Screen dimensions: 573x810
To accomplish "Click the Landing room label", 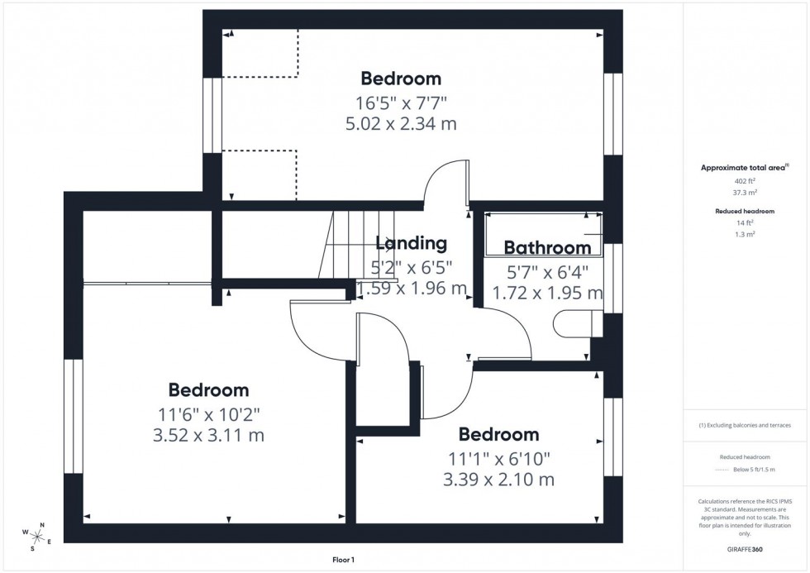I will (x=411, y=243).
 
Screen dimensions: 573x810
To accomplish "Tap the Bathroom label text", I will (x=547, y=247).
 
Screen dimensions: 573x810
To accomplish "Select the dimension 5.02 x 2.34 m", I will (x=401, y=124).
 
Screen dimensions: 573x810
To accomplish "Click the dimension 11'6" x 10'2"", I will (x=208, y=413).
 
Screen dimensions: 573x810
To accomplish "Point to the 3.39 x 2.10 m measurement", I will (x=498, y=480).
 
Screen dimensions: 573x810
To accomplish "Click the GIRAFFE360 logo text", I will (x=745, y=548).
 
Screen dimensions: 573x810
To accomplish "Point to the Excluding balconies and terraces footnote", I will (x=745, y=425).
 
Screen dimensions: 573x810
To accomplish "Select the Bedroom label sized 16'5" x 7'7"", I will (x=401, y=79).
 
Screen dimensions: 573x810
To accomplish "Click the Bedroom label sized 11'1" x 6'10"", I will (x=498, y=435).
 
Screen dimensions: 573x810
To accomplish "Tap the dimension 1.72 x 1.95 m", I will (x=547, y=293).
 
